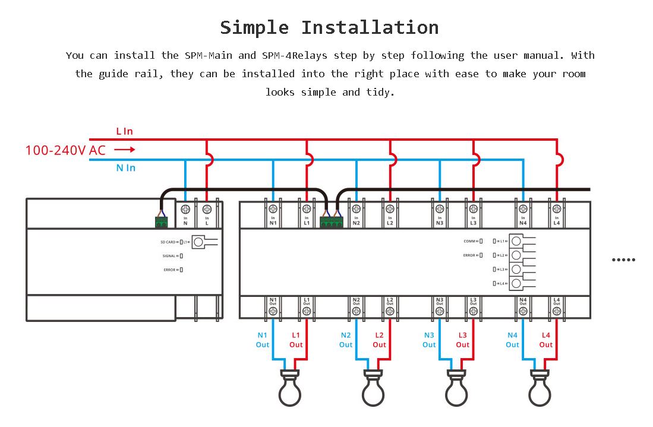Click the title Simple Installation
click(329, 27)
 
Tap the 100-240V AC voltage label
click(65, 150)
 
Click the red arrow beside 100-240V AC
click(124, 150)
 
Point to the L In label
click(125, 131)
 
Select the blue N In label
click(125, 168)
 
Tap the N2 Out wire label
click(346, 340)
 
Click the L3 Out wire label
click(463, 340)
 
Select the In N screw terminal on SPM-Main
click(185, 209)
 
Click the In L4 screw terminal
click(557, 209)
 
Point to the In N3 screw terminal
click(440, 209)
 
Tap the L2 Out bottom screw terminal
click(390, 310)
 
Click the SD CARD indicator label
click(168, 242)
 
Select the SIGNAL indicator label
click(169, 256)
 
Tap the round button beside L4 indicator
click(516, 283)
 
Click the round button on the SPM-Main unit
click(198, 242)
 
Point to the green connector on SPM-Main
click(161, 222)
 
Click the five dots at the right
click(623, 260)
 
